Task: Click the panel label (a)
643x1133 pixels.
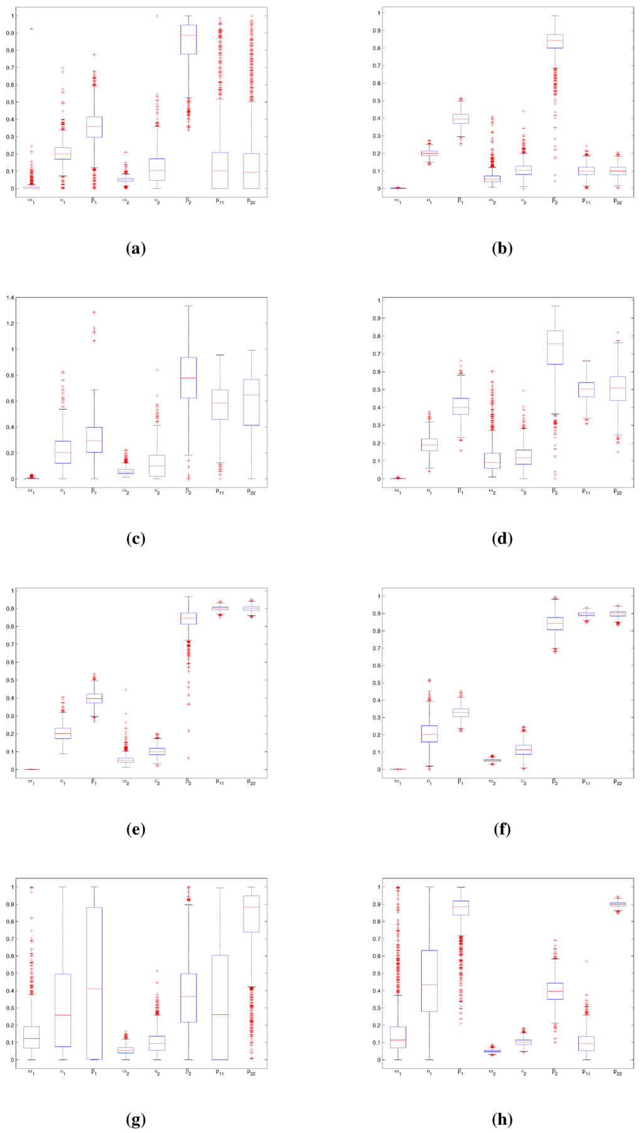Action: point(136,248)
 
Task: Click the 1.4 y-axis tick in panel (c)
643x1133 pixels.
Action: point(9,298)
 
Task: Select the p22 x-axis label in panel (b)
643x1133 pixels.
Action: point(617,201)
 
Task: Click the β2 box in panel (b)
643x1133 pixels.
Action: point(554,41)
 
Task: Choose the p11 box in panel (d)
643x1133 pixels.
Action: point(586,390)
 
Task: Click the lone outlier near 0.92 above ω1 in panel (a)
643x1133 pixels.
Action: point(31,29)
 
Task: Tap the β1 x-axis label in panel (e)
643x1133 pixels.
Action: point(94,782)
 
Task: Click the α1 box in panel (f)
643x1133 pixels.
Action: point(429,733)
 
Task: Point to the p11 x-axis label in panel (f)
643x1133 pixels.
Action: point(586,782)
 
